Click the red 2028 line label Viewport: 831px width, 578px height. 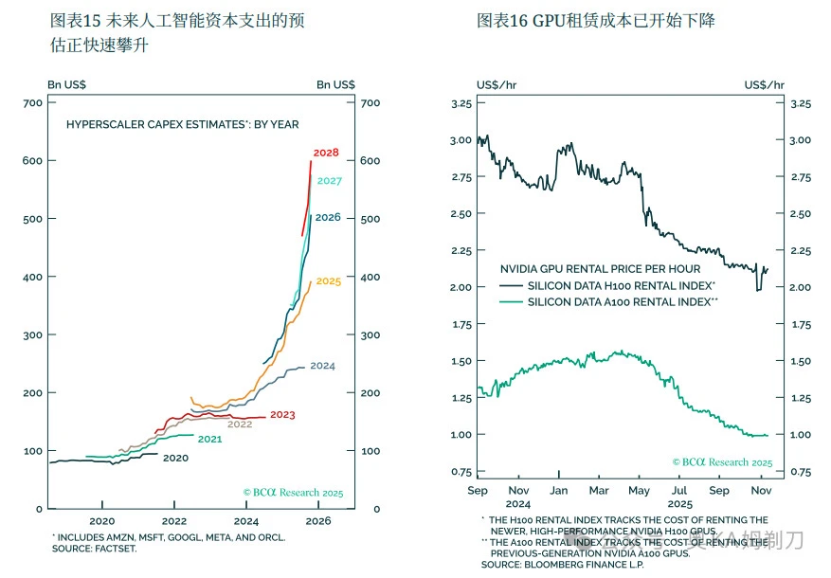pos(326,153)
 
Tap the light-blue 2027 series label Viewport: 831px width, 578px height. pos(329,181)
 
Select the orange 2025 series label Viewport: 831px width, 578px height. pos(328,281)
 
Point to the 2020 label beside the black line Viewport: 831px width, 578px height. pos(175,458)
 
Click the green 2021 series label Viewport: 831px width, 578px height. pos(209,439)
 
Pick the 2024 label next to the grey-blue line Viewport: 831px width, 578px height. pos(322,366)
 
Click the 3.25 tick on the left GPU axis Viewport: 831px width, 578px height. pos(461,103)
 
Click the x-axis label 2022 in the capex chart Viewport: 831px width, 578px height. pos(174,521)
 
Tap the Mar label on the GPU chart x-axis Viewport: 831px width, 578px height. pos(598,491)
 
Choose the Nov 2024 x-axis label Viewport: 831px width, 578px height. pos(518,497)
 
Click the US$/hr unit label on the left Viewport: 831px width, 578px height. pos(497,84)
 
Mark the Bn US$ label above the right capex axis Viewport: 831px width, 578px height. pos(335,84)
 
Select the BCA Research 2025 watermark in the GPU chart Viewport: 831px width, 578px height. pos(722,462)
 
